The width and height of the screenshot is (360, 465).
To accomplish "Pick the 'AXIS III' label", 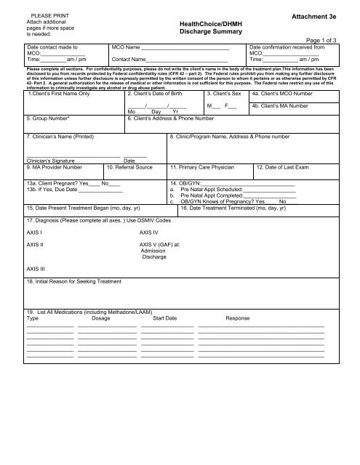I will pyautogui.click(x=36, y=268).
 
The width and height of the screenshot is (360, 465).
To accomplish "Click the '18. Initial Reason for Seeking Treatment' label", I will pyautogui.click(x=74, y=281).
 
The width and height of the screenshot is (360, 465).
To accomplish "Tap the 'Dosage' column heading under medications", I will pyautogui.click(x=103, y=318).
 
